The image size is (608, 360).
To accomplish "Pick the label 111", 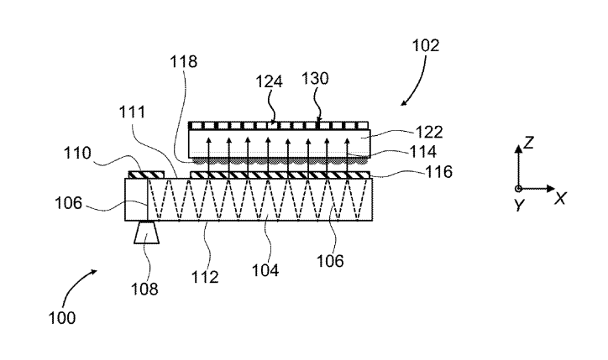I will tap(130, 111).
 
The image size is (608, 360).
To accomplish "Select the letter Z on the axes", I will tap(528, 144).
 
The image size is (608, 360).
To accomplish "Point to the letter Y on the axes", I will tap(519, 206).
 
